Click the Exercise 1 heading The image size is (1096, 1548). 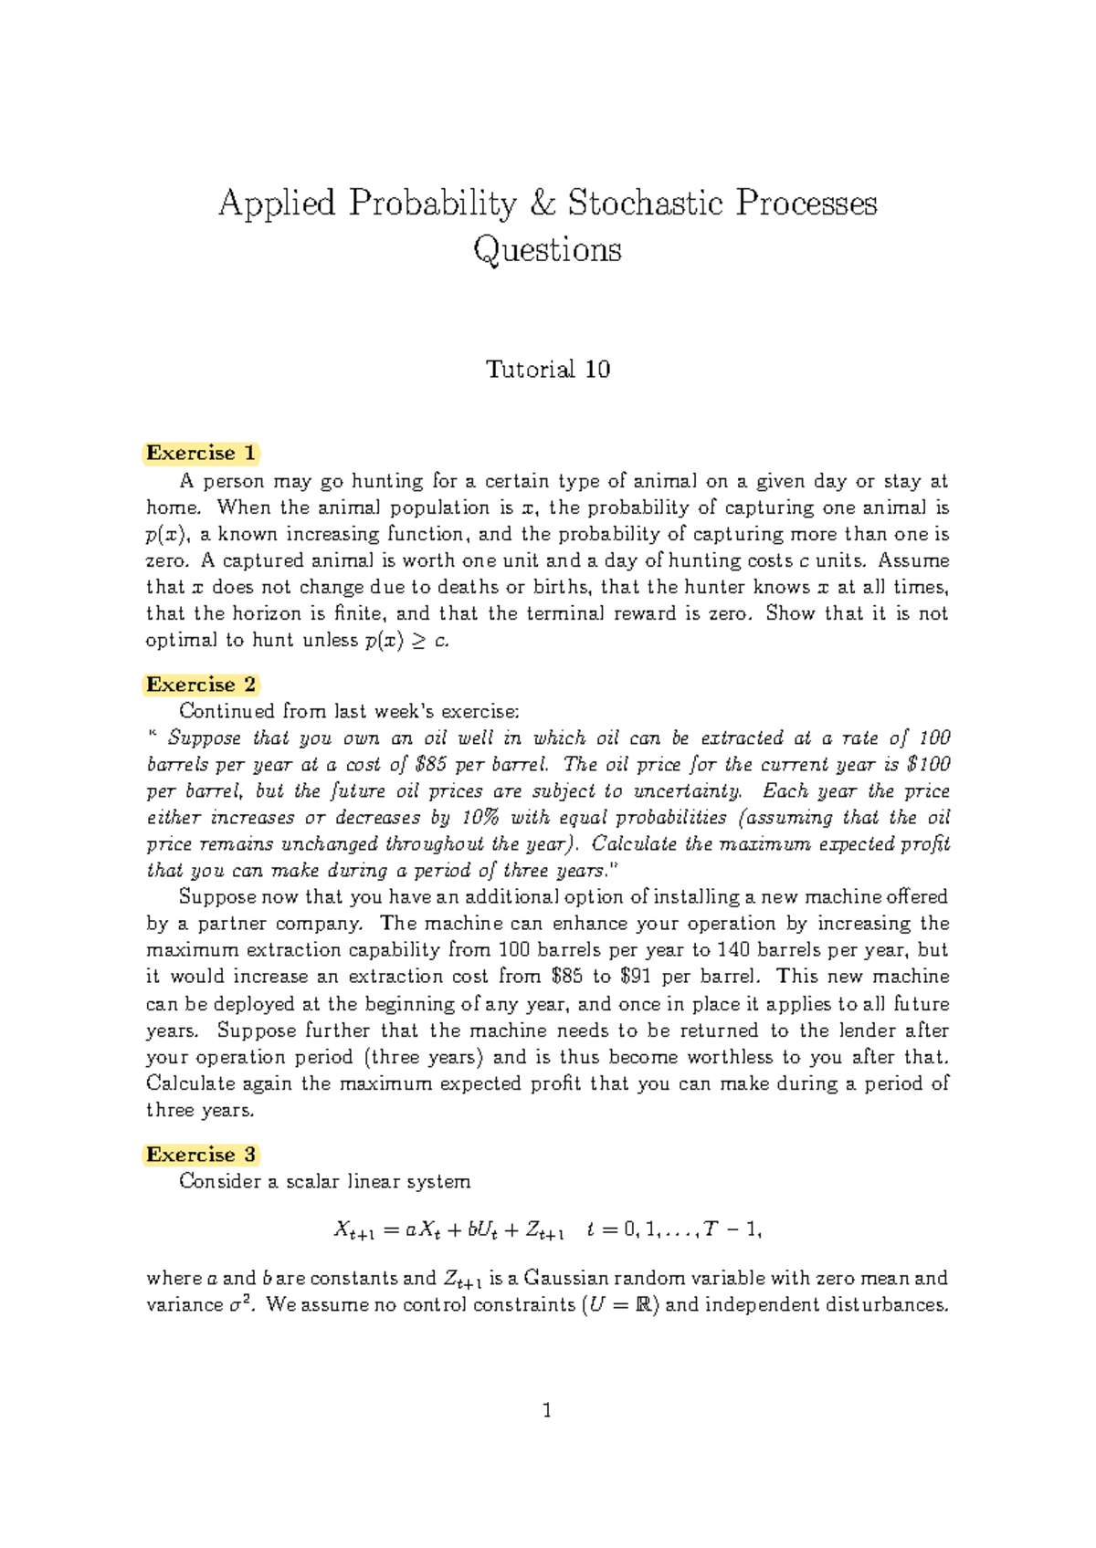point(201,454)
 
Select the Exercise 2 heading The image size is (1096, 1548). point(201,685)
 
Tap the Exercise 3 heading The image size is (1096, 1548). point(201,1155)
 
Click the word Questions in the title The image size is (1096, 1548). point(547,249)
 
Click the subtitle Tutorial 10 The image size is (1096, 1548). point(547,370)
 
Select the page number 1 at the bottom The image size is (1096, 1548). point(547,1411)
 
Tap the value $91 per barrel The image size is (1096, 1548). point(636,977)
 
